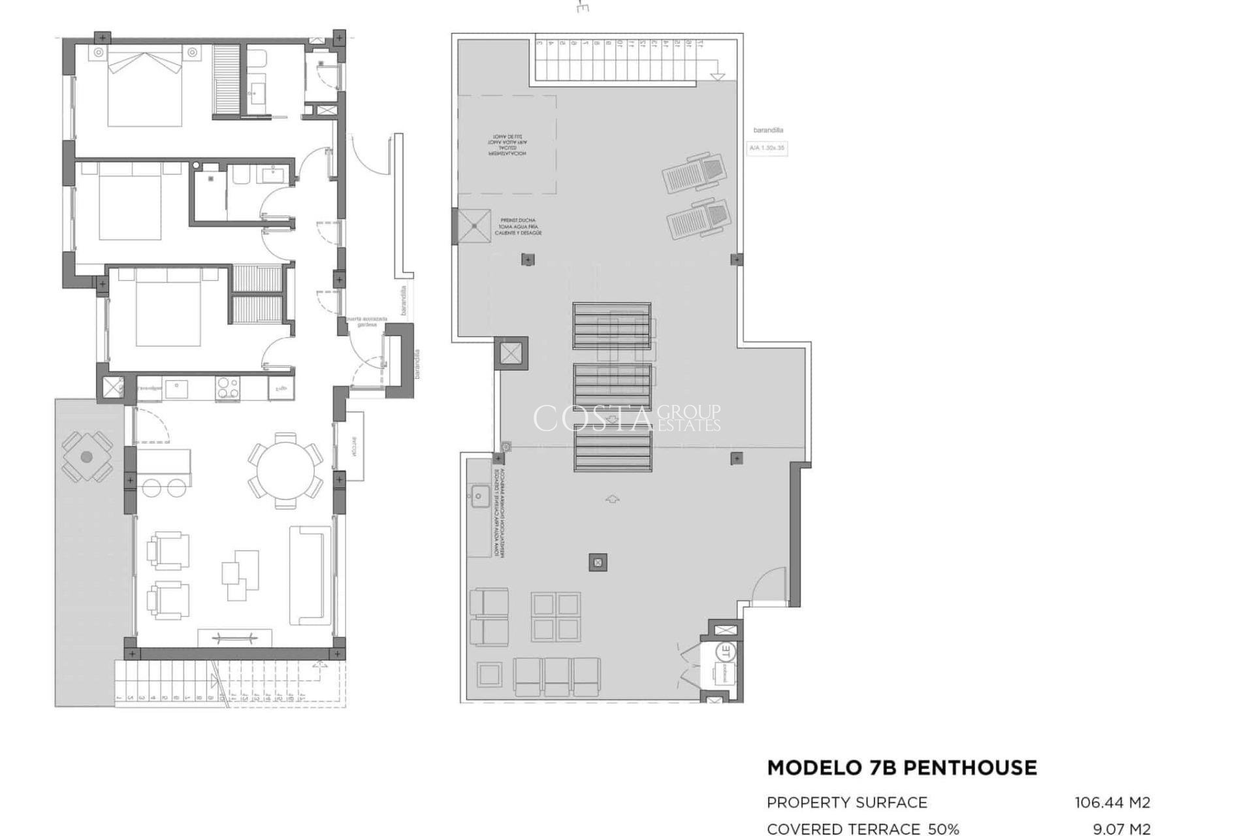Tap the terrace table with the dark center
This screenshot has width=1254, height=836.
(86, 457)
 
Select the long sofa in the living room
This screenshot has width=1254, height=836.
(307, 575)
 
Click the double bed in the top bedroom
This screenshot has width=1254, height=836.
(144, 89)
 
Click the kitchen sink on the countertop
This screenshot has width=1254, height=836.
(174, 388)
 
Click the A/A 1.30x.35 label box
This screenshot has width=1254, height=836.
(766, 148)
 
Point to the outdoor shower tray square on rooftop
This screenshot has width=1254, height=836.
(474, 226)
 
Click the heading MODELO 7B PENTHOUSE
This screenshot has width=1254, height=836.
(901, 767)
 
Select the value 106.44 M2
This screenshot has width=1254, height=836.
(1112, 802)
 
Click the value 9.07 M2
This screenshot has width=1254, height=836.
(1121, 829)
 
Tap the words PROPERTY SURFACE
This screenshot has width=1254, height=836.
(846, 802)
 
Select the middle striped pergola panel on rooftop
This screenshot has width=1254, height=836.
(612, 387)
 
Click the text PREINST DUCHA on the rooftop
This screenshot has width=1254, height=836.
(518, 221)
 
